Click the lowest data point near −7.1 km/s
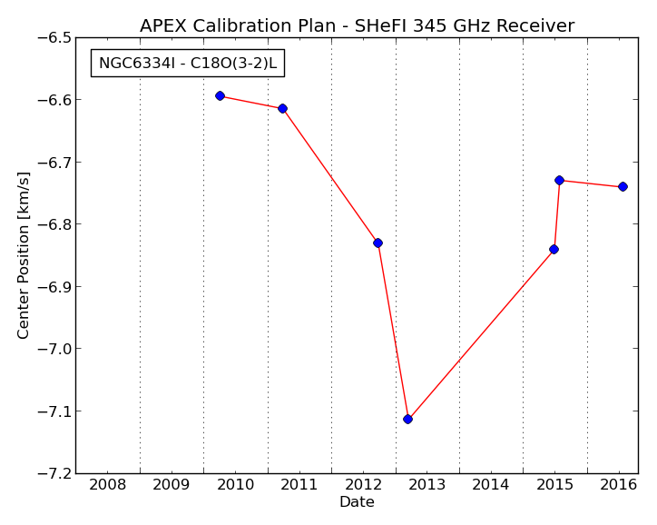pyautogui.click(x=407, y=419)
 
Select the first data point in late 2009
pyautogui.click(x=220, y=96)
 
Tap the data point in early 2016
pyautogui.click(x=623, y=186)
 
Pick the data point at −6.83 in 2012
pyautogui.click(x=378, y=243)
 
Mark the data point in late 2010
pyautogui.click(x=282, y=109)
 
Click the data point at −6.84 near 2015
pyautogui.click(x=554, y=250)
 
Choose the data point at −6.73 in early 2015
pyautogui.click(x=559, y=181)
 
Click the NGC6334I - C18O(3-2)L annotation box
pyautogui.click(x=188, y=63)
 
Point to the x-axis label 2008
pyautogui.click(x=108, y=485)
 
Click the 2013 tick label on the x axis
pyautogui.click(x=427, y=485)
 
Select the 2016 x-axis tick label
pyautogui.click(x=619, y=485)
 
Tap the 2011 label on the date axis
pyautogui.click(x=299, y=485)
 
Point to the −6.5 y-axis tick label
pyautogui.click(x=54, y=38)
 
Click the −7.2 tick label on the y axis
pyautogui.click(x=54, y=473)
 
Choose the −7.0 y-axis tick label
pyautogui.click(x=54, y=349)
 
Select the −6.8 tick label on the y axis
pyautogui.click(x=54, y=224)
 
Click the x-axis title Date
pyautogui.click(x=357, y=502)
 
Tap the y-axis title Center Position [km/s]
pyautogui.click(x=23, y=255)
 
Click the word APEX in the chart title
pyautogui.click(x=163, y=26)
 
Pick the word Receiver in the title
pyautogui.click(x=535, y=26)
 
